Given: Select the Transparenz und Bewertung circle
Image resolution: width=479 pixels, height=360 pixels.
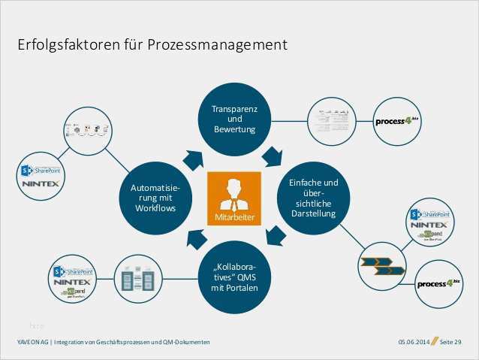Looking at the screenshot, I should click(x=234, y=119).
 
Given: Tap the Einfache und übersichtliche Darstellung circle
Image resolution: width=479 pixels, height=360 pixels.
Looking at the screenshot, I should click(x=314, y=198).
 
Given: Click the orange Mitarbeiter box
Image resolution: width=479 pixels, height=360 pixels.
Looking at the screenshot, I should click(x=234, y=198).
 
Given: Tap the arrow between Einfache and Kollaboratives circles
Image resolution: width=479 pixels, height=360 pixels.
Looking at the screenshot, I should click(x=276, y=235).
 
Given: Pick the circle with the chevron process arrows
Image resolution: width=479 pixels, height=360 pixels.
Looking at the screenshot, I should click(x=383, y=266).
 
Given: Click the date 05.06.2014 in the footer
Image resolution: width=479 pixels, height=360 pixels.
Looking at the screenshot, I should click(x=413, y=343).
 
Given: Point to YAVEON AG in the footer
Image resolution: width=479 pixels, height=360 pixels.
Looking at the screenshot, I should click(x=33, y=343).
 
